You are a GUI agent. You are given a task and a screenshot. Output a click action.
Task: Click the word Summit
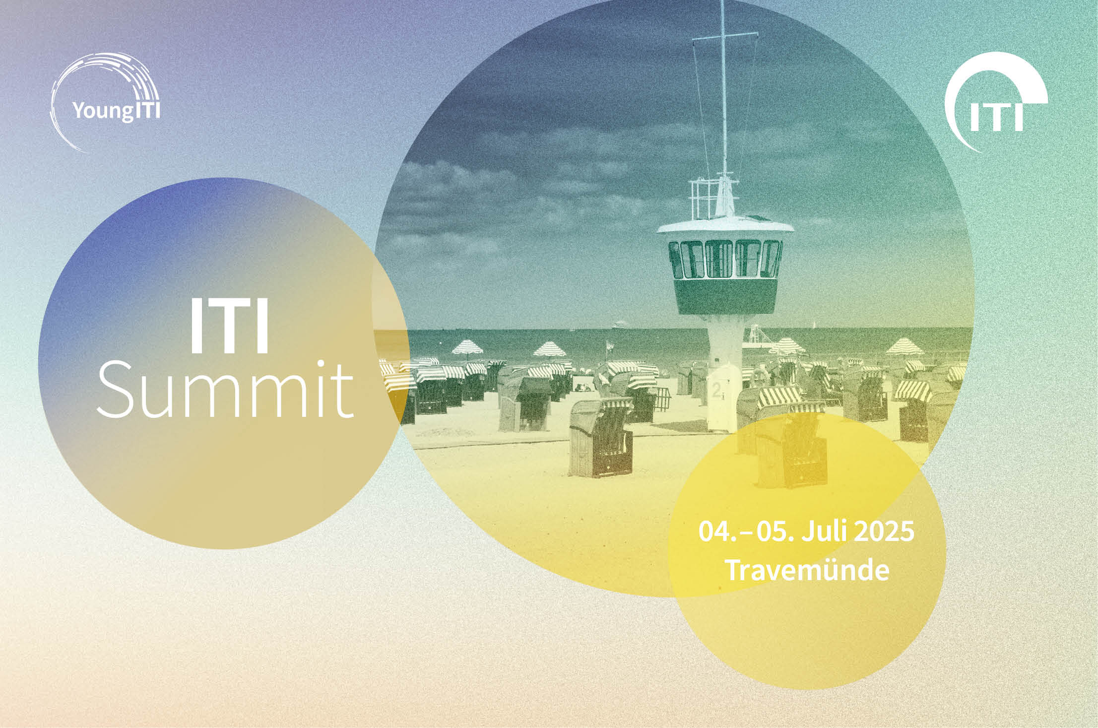pos(225,390)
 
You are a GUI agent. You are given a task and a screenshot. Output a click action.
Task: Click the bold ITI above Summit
pos(229,325)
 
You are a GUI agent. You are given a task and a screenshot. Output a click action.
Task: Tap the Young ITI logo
pos(105,102)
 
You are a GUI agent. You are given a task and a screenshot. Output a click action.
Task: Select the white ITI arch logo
pos(996,102)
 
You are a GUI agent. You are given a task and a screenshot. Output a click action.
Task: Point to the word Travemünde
pos(807,570)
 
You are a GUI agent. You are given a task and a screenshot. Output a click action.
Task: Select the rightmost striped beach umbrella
pos(904,346)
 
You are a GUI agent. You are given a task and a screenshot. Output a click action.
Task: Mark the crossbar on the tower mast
pos(725,36)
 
